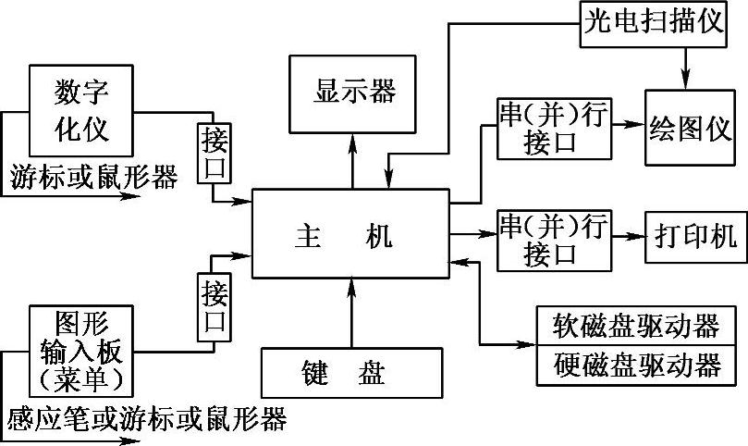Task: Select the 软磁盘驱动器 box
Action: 637,327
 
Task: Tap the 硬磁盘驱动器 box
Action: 637,366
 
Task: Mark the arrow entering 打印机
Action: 629,236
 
